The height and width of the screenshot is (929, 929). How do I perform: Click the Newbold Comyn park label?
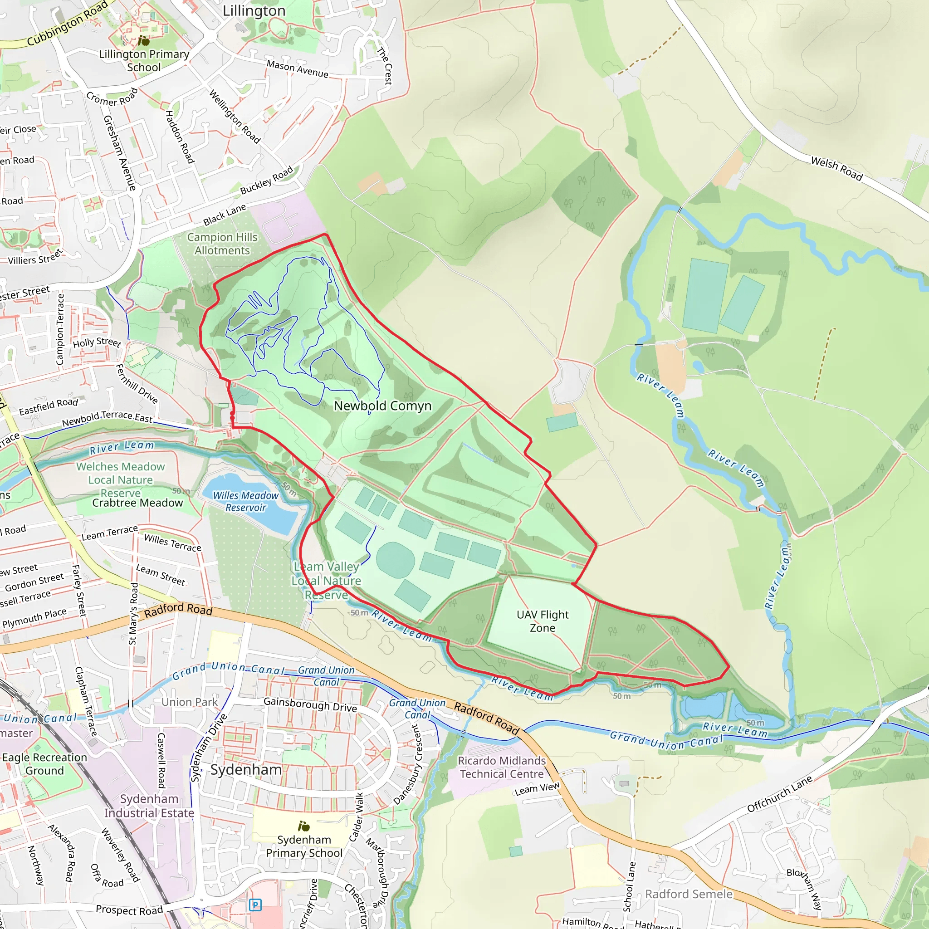(382, 406)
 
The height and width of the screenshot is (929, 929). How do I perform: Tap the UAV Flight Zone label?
(543, 621)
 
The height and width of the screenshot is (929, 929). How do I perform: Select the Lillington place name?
(254, 10)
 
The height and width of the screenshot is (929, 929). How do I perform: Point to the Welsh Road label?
(836, 168)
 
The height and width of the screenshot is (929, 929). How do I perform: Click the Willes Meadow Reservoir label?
(246, 501)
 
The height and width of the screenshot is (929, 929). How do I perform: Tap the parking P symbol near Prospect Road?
(255, 905)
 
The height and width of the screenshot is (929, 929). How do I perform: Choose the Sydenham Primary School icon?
(304, 826)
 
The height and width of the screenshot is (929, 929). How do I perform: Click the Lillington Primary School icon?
(143, 41)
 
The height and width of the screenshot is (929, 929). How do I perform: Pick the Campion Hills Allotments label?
(222, 244)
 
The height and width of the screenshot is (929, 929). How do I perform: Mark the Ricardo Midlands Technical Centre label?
(502, 767)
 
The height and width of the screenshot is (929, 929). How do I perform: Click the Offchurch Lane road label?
(779, 794)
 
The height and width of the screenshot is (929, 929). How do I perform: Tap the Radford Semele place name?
(689, 894)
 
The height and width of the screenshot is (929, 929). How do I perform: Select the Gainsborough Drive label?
(310, 704)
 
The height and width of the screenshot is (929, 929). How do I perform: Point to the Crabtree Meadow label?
(137, 503)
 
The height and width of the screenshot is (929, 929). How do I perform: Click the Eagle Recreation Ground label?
(45, 763)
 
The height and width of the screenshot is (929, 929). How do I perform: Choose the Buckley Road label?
(266, 181)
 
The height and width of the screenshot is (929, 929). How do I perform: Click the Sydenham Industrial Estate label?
(149, 806)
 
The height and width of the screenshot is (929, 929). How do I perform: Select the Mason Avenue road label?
(297, 69)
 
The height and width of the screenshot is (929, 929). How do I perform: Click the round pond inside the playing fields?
(395, 560)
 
